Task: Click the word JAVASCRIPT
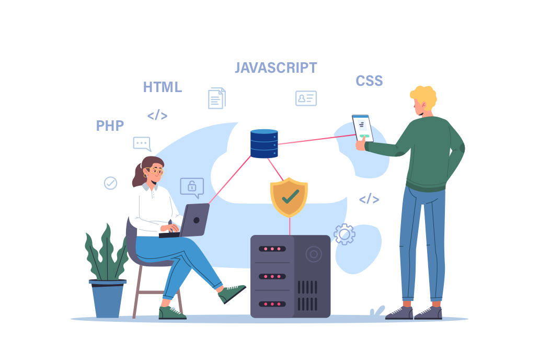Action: (x=276, y=68)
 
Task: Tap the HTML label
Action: (x=162, y=87)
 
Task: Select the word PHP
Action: (x=110, y=126)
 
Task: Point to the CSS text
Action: (x=369, y=81)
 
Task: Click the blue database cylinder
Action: (x=264, y=143)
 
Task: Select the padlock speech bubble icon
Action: (x=192, y=187)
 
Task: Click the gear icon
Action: (x=345, y=234)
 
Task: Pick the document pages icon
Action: (x=217, y=98)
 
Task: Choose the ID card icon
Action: (x=306, y=98)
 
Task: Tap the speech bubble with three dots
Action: (x=142, y=143)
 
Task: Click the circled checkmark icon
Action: (x=110, y=183)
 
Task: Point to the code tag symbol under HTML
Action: (x=157, y=115)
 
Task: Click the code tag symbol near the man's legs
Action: (x=369, y=199)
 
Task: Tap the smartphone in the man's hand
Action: (x=363, y=128)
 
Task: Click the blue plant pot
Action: (x=108, y=298)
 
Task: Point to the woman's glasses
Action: (x=154, y=171)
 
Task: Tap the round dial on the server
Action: (x=314, y=254)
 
